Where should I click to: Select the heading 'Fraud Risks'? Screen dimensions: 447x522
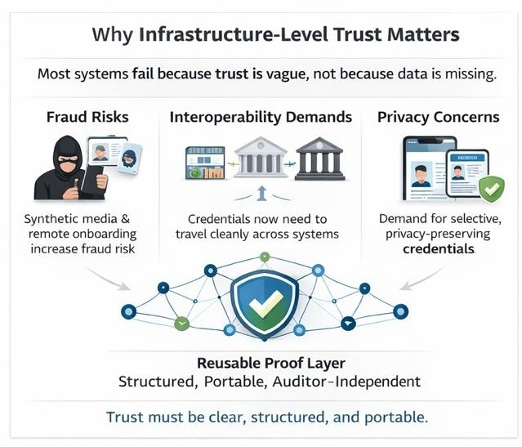point(87,117)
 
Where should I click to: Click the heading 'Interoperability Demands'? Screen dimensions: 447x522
point(261,117)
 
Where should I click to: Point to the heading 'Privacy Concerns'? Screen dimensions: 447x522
point(438,117)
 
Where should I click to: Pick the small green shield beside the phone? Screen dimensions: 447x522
point(491,189)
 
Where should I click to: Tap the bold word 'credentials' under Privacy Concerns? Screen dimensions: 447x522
point(438,248)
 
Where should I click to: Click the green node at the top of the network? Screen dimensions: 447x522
point(263,257)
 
